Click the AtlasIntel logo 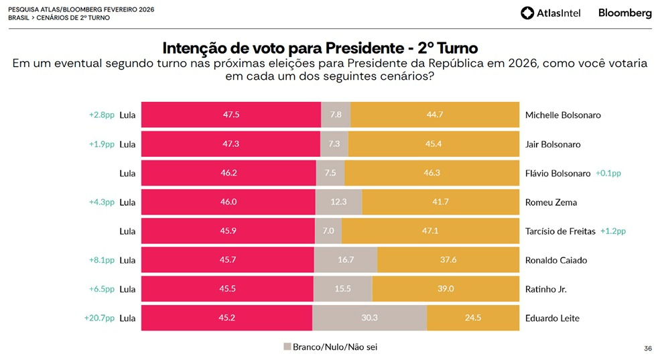tap(550, 13)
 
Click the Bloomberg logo tap(624, 13)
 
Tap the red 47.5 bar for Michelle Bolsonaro tap(231, 115)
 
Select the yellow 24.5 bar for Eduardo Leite tap(473, 318)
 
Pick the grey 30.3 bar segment tap(369, 318)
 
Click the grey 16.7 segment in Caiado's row tap(346, 260)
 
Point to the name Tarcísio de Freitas tap(560, 231)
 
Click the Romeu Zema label tap(551, 202)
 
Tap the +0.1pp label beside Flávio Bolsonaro tap(608, 173)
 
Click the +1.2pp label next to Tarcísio tap(613, 231)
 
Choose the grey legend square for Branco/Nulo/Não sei tap(287, 347)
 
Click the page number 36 tap(647, 349)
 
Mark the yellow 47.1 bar tap(430, 231)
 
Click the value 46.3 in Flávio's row tap(432, 173)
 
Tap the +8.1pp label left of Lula tap(102, 260)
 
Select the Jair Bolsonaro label tap(553, 144)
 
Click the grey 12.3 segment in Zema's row tap(338, 202)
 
